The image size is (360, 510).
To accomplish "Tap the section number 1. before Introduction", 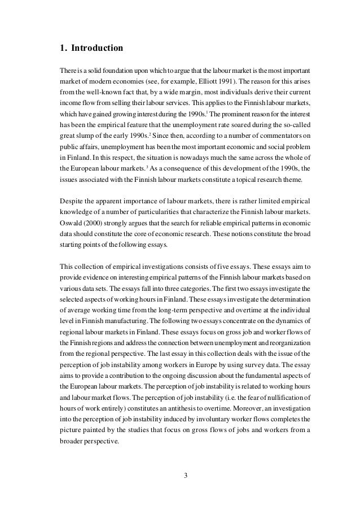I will pos(63,48).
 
